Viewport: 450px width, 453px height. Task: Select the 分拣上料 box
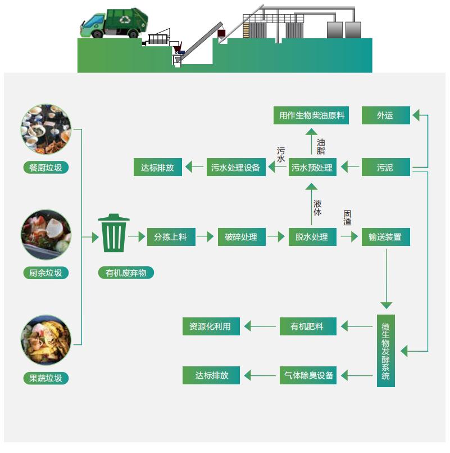[170, 237]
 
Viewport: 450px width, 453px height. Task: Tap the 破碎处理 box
[241, 237]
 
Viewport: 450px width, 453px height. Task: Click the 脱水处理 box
[312, 237]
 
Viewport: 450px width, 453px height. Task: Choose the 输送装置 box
[385, 237]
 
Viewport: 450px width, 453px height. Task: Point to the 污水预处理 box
[312, 167]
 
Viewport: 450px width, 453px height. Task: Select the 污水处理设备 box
[235, 167]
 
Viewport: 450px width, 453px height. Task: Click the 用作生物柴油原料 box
[311, 115]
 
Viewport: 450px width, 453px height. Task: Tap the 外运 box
[385, 115]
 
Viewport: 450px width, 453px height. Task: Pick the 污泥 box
[385, 167]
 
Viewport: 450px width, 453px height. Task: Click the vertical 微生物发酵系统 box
[385, 351]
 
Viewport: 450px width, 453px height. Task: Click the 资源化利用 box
[210, 326]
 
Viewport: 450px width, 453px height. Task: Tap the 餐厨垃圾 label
[46, 167]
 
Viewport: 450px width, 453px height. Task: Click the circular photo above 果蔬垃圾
[46, 340]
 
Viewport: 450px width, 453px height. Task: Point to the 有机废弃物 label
[126, 273]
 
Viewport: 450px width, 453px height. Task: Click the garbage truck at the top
[117, 24]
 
